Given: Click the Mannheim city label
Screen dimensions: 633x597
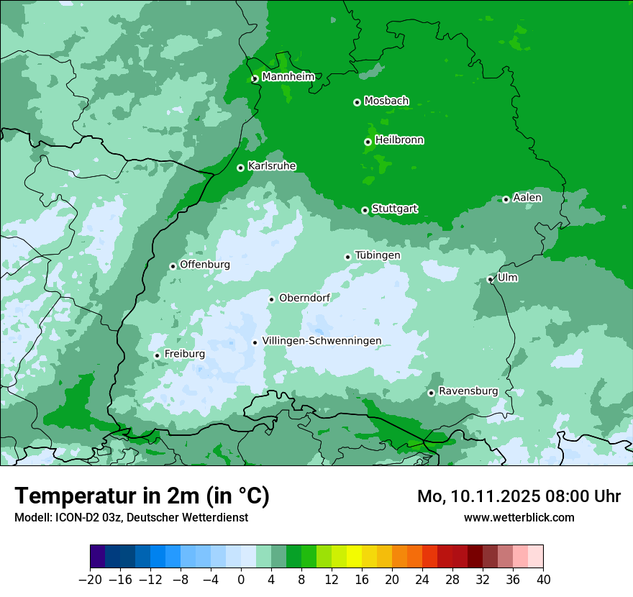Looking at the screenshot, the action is (288, 77).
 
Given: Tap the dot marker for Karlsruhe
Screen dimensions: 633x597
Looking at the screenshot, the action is (241, 168).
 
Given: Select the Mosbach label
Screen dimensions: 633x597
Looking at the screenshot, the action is (386, 101).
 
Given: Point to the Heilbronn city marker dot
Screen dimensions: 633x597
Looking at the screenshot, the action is (368, 142).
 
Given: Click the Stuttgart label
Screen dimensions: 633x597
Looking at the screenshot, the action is (394, 209).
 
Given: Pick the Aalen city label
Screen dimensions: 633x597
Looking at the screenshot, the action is (527, 198).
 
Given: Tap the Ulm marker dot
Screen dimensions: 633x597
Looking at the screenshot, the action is (491, 279).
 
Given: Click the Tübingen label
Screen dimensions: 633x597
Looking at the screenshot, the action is (377, 255).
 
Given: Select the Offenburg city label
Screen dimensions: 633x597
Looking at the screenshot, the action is (205, 265).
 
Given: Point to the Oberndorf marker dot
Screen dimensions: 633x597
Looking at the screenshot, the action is (272, 299).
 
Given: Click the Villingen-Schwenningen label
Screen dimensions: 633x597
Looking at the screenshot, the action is (322, 341).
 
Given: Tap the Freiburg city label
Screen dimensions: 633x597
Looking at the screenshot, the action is (184, 354).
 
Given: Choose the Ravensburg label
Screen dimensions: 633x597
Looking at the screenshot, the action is (468, 391).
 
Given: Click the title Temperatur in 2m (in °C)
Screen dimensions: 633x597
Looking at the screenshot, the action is (142, 496).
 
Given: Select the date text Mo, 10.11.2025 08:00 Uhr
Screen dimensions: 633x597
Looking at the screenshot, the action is (519, 497).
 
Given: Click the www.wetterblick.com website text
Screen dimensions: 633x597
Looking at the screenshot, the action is (519, 517).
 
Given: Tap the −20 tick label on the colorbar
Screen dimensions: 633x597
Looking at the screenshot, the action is (91, 579).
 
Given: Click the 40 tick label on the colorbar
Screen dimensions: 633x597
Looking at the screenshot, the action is (543, 579).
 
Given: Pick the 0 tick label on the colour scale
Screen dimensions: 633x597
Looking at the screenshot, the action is (241, 579).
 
